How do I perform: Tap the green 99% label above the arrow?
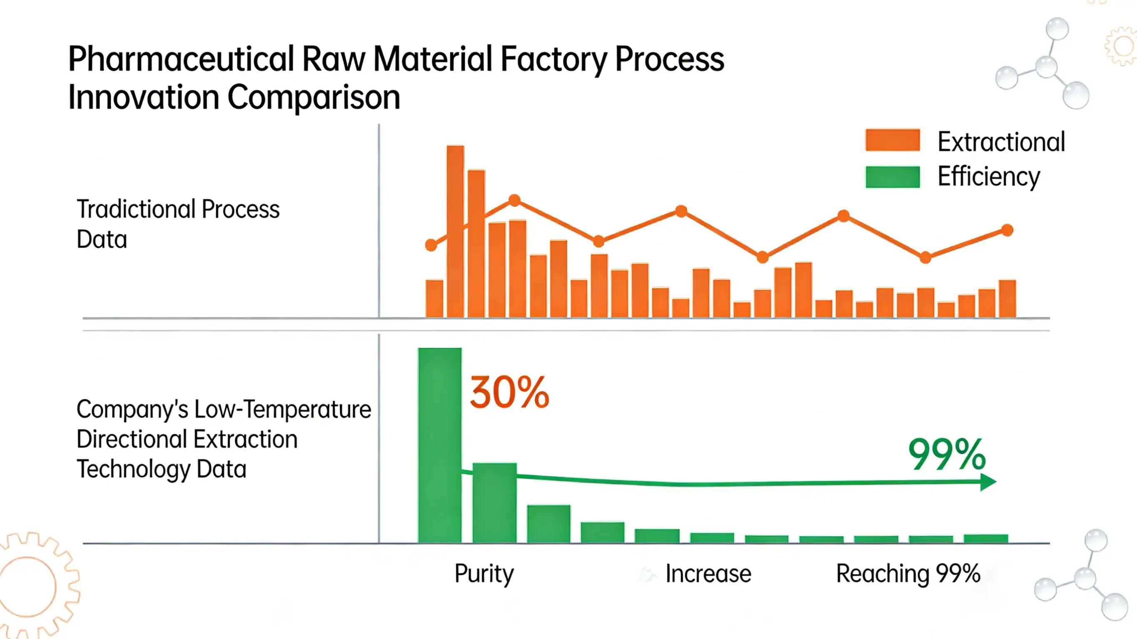pyautogui.click(x=947, y=454)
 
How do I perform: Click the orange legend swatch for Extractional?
pyautogui.click(x=893, y=140)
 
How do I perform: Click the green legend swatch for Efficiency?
pyautogui.click(x=893, y=177)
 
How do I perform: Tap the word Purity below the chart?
pyautogui.click(x=484, y=574)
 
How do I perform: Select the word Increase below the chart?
pyautogui.click(x=708, y=574)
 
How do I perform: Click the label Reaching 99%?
pyautogui.click(x=908, y=574)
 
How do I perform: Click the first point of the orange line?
pyautogui.click(x=431, y=245)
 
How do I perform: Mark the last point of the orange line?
pyautogui.click(x=1007, y=230)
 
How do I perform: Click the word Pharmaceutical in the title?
pyautogui.click(x=181, y=60)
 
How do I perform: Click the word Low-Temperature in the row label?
pyautogui.click(x=282, y=409)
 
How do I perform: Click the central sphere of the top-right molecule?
pyautogui.click(x=1046, y=67)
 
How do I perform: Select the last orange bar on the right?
pyautogui.click(x=1007, y=299)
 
